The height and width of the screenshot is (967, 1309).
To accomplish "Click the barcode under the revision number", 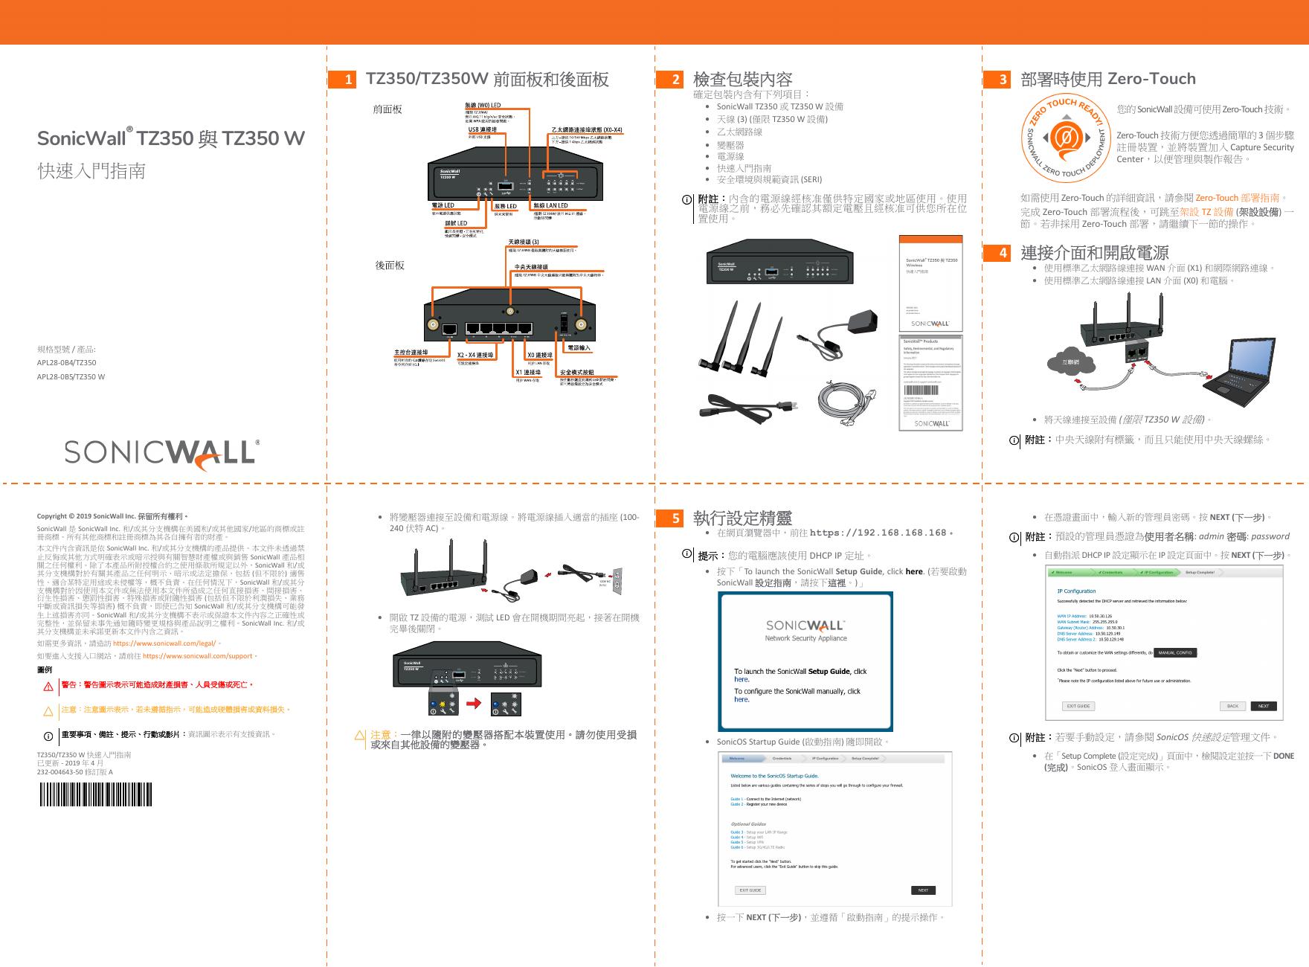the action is point(94,796).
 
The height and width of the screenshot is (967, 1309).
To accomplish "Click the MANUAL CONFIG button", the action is point(1175,652).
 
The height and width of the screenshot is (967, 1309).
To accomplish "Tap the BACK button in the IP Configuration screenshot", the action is point(1232,706).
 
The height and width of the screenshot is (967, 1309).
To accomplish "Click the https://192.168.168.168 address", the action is point(878,533).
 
